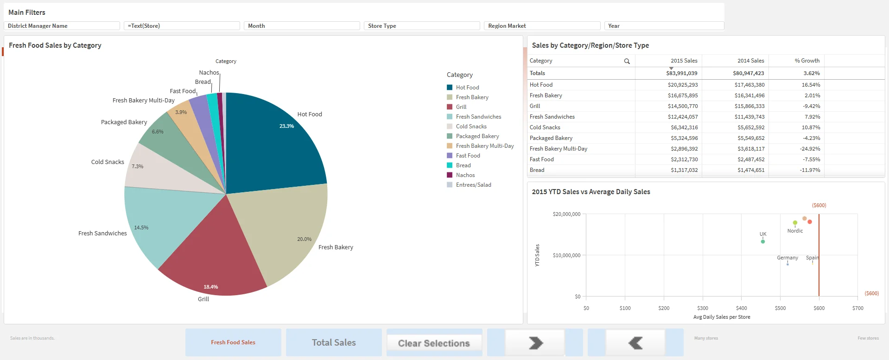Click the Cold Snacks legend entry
pyautogui.click(x=471, y=126)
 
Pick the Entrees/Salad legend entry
pyautogui.click(x=473, y=185)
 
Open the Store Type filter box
pyautogui.click(x=421, y=26)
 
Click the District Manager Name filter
pyautogui.click(x=62, y=26)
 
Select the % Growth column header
pyautogui.click(x=806, y=61)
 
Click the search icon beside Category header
pyautogui.click(x=627, y=61)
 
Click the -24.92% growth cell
pyautogui.click(x=809, y=149)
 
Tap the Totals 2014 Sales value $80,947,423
pyautogui.click(x=748, y=73)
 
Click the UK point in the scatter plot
pyautogui.click(x=762, y=241)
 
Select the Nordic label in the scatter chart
pyautogui.click(x=794, y=231)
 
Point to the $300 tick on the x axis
pyautogui.click(x=702, y=308)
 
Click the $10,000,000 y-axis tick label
pyautogui.click(x=566, y=255)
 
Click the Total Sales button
pyautogui.click(x=334, y=342)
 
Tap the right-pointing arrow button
pyautogui.click(x=535, y=343)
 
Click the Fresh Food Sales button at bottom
pyautogui.click(x=233, y=342)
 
